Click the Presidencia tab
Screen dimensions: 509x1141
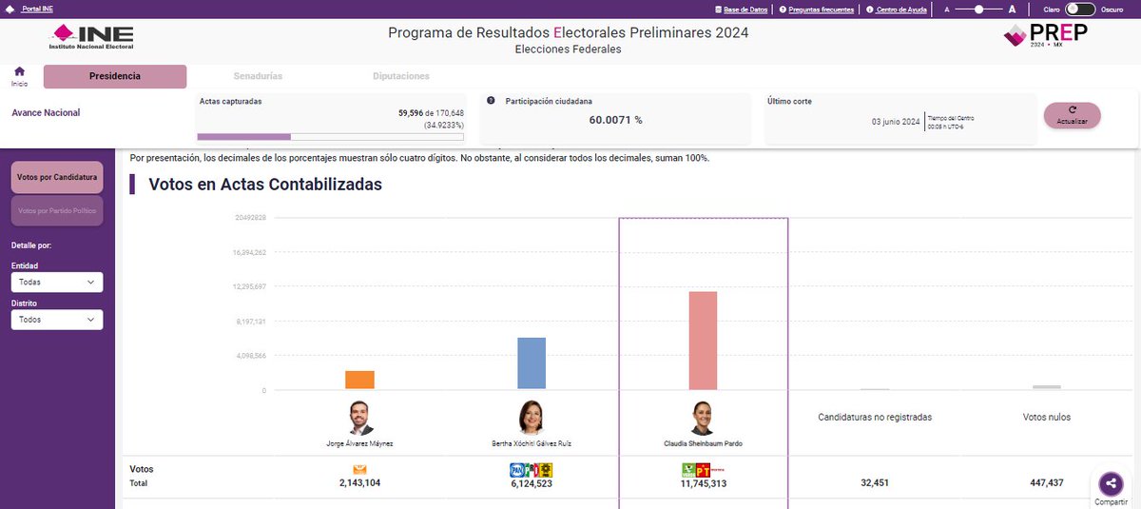(x=115, y=76)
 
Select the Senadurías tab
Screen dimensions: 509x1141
(x=258, y=76)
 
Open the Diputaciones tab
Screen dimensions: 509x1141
(x=400, y=76)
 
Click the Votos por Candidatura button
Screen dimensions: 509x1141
(x=57, y=178)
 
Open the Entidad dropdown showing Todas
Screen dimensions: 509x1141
(x=57, y=283)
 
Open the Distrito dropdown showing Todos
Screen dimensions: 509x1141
(x=57, y=321)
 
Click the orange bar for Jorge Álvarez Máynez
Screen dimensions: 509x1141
(x=359, y=380)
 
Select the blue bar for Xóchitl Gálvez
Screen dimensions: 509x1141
(x=532, y=363)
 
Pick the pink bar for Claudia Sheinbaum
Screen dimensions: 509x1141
(x=703, y=341)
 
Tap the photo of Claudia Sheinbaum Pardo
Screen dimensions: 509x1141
(x=703, y=419)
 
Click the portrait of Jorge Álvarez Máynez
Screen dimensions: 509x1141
(x=359, y=419)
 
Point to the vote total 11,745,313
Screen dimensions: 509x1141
(x=703, y=483)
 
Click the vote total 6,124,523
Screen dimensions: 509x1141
(x=532, y=483)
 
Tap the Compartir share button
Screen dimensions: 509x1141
(x=1111, y=484)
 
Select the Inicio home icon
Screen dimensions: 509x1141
(x=19, y=72)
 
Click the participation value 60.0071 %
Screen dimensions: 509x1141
(x=615, y=120)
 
